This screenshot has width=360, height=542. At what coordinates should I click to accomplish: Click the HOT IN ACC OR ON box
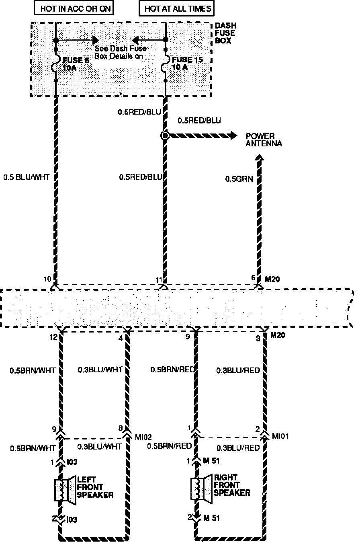click(x=75, y=8)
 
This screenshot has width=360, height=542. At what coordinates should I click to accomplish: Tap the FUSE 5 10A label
click(x=75, y=64)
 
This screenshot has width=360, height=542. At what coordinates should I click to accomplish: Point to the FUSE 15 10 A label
click(x=187, y=64)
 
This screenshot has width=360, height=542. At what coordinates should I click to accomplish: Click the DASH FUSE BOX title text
click(x=225, y=33)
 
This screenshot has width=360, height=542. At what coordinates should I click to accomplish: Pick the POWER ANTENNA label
click(x=264, y=140)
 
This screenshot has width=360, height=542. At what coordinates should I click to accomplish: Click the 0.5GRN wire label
click(x=239, y=179)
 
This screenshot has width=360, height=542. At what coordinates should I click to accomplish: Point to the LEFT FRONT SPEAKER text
click(x=95, y=487)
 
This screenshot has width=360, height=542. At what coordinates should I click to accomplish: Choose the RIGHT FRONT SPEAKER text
click(x=232, y=485)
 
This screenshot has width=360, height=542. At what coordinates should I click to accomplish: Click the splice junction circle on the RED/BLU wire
click(x=164, y=135)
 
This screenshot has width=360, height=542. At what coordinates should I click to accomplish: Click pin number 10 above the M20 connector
click(x=47, y=279)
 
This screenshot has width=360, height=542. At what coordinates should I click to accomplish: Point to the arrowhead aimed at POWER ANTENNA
click(x=233, y=135)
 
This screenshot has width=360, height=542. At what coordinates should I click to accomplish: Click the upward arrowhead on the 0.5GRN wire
click(x=260, y=160)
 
